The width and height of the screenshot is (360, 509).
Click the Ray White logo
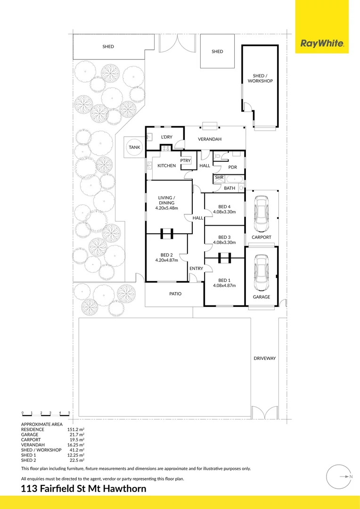click(x=322, y=44)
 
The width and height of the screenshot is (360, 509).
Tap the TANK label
click(x=134, y=148)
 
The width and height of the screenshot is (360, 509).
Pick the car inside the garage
click(x=261, y=274)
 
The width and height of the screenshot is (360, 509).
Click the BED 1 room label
click(x=224, y=279)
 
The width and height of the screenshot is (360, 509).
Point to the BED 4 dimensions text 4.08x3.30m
click(x=224, y=212)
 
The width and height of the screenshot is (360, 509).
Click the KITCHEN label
click(x=166, y=166)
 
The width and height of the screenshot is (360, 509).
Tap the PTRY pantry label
click(x=185, y=161)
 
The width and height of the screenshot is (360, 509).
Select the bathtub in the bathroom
click(x=234, y=179)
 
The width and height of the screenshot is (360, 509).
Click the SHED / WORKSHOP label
click(x=260, y=78)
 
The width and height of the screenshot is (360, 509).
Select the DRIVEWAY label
click(x=264, y=358)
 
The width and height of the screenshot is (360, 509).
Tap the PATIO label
click(x=175, y=294)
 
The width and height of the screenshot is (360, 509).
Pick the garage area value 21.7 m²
click(x=76, y=435)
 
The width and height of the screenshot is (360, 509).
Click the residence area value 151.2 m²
click(x=75, y=429)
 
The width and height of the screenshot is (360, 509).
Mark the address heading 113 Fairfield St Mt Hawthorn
click(x=84, y=489)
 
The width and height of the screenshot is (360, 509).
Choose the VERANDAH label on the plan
click(x=209, y=139)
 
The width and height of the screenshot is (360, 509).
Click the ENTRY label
click(x=196, y=269)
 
